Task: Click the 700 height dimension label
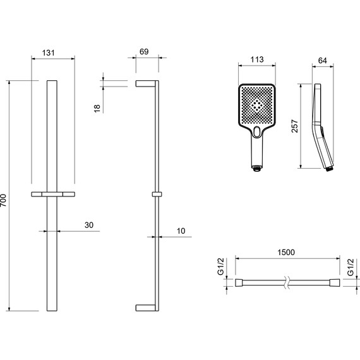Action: [3, 200]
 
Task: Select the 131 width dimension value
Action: [49, 53]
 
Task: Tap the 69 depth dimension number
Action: [144, 52]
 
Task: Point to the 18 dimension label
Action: [97, 108]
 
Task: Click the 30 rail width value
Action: [89, 225]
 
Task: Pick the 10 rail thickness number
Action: [181, 231]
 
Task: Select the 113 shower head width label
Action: [257, 60]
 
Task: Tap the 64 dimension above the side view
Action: [322, 61]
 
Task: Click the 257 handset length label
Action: [294, 126]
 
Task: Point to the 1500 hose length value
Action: [286, 253]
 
